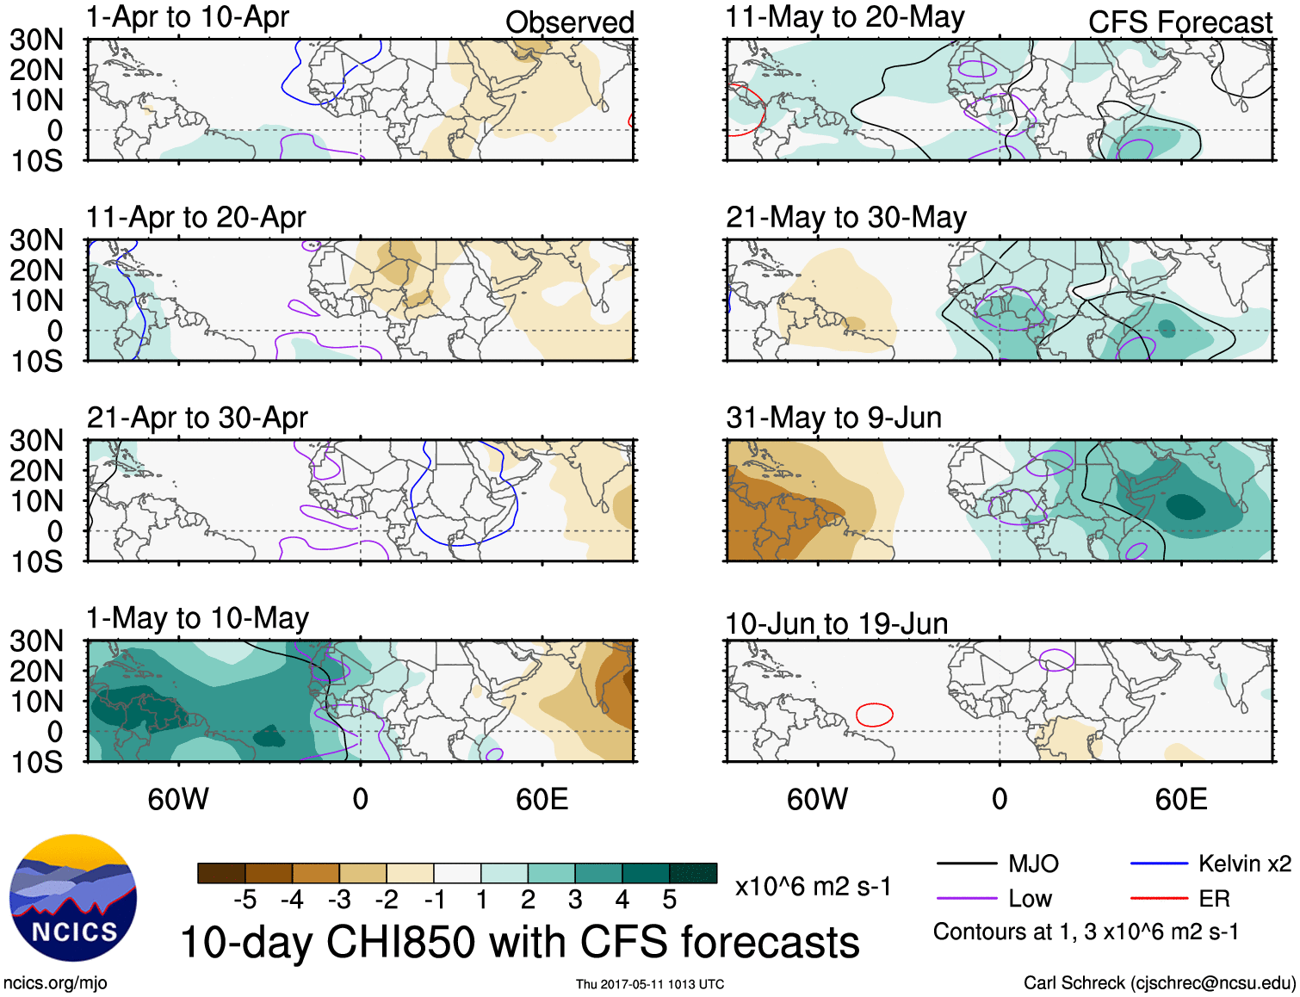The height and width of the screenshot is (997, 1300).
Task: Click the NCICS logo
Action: [73, 898]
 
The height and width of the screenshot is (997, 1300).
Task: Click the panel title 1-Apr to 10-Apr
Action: [188, 17]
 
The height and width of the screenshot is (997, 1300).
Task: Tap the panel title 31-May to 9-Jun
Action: [833, 418]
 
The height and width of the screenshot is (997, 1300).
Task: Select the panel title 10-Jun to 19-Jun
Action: [836, 623]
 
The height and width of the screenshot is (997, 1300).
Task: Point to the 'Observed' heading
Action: [569, 22]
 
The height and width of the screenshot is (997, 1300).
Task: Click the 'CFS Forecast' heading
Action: [1179, 22]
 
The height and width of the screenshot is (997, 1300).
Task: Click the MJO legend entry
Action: [999, 864]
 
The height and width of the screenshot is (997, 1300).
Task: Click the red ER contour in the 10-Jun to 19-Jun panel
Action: [875, 715]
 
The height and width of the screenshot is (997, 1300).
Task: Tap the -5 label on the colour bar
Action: [245, 900]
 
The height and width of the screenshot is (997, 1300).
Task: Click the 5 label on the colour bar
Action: [670, 900]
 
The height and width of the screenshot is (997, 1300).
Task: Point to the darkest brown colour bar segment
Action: [221, 873]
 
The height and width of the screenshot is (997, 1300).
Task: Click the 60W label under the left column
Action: [178, 799]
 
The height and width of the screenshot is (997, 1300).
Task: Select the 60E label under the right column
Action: [1180, 799]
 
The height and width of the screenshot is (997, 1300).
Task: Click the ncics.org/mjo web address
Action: [55, 982]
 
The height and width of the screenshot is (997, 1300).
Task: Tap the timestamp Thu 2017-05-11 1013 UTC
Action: [650, 984]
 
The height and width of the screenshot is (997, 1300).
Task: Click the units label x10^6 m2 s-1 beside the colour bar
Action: [813, 886]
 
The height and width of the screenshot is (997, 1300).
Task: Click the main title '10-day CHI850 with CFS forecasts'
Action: [520, 942]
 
